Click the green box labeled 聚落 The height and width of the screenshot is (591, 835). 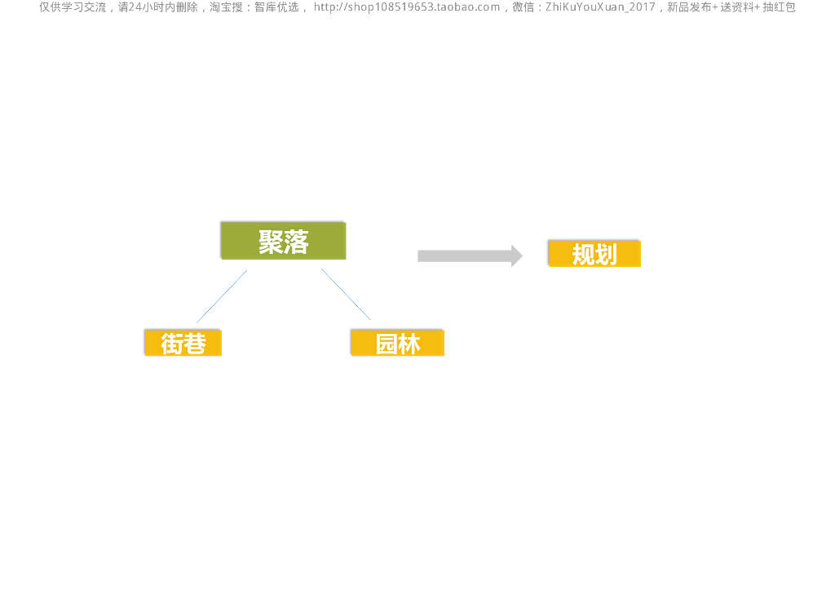(x=283, y=241)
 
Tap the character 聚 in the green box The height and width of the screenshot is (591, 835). (x=271, y=242)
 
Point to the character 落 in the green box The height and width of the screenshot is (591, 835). (x=297, y=242)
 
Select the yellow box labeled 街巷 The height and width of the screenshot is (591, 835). (x=183, y=343)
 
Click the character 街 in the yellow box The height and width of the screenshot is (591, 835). (x=171, y=344)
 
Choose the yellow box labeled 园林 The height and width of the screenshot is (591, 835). (x=397, y=343)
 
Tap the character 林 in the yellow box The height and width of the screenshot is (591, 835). (x=409, y=344)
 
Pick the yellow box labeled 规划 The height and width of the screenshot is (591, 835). (x=594, y=254)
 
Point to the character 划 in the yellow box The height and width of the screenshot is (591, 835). (x=606, y=255)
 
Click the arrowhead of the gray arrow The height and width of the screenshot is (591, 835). (x=516, y=256)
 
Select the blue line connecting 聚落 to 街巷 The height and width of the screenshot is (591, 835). (x=221, y=296)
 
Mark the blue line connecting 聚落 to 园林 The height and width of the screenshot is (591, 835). (x=346, y=294)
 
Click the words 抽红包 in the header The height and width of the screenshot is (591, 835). (x=779, y=7)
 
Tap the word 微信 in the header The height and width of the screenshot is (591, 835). (x=524, y=7)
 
